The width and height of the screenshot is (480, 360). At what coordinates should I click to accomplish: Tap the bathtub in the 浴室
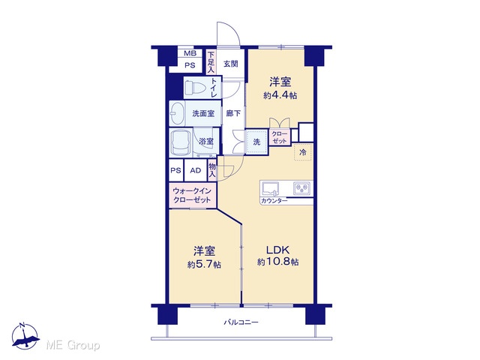(x=181, y=142)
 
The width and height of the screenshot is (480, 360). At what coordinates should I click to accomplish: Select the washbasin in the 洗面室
(x=177, y=113)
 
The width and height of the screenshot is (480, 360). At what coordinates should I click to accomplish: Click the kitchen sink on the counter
(x=270, y=188)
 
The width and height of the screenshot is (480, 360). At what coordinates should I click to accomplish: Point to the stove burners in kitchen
(x=301, y=188)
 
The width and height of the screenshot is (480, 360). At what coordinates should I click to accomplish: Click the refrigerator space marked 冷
(x=303, y=152)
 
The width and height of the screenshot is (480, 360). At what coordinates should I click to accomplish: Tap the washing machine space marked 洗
(x=256, y=142)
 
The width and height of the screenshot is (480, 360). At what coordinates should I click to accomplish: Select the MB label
(x=190, y=53)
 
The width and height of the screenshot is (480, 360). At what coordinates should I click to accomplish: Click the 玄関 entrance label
(x=230, y=64)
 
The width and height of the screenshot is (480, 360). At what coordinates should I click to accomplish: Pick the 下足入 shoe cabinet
(x=211, y=62)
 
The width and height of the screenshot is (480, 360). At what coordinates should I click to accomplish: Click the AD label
(x=195, y=170)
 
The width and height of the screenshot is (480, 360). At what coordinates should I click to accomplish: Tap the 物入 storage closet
(x=211, y=170)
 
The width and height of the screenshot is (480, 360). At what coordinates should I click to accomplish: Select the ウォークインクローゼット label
(x=192, y=195)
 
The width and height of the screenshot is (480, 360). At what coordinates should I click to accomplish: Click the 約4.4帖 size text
(x=280, y=95)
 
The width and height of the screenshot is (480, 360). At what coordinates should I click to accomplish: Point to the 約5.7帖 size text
(x=204, y=264)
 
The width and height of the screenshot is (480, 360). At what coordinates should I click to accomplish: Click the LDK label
(x=277, y=250)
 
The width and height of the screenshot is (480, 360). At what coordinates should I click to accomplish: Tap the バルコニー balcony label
(x=241, y=322)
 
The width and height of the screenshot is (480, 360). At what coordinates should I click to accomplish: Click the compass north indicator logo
(x=25, y=336)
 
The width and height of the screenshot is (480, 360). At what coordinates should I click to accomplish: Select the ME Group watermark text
(x=73, y=345)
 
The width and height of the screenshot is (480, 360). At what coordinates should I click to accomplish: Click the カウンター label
(x=274, y=201)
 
